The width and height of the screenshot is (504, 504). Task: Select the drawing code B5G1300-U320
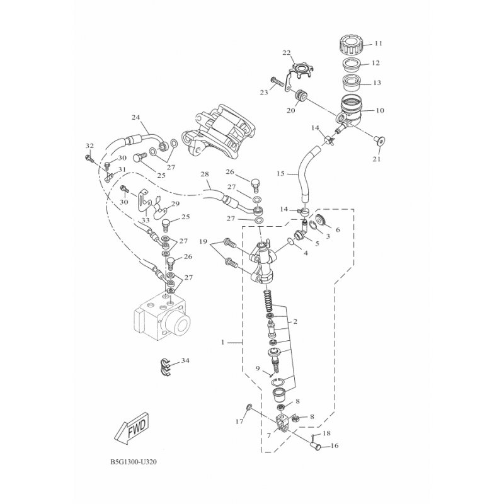click(x=134, y=462)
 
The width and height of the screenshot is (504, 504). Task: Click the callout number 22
click(x=287, y=53)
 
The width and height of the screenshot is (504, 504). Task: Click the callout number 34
click(x=185, y=360)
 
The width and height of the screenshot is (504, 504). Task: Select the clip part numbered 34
click(x=166, y=367)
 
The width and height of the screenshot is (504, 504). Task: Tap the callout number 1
click(x=223, y=342)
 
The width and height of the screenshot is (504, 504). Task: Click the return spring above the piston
click(x=270, y=301)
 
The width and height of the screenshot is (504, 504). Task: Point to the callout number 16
click(x=335, y=446)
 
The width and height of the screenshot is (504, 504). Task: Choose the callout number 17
click(x=239, y=421)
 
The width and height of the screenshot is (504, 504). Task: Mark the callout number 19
click(x=203, y=241)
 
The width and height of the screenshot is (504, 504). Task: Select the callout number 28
click(x=204, y=175)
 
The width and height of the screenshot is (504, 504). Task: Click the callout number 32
click(x=89, y=146)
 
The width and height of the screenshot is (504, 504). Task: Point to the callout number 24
click(x=135, y=117)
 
